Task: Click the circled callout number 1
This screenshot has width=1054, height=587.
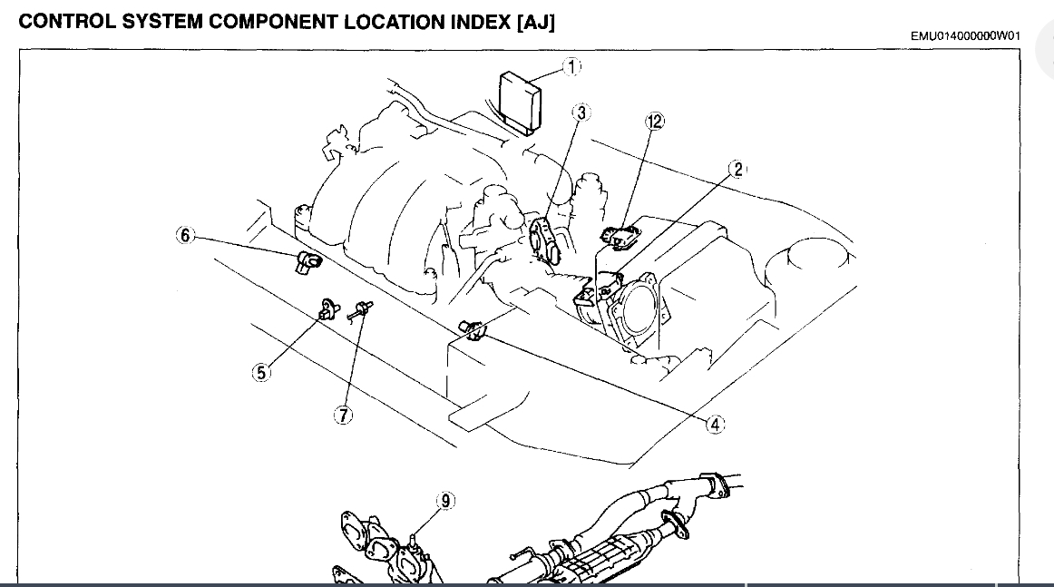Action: click(x=571, y=66)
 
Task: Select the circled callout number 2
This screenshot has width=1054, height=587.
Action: click(x=738, y=169)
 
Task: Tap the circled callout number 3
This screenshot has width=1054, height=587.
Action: click(x=581, y=113)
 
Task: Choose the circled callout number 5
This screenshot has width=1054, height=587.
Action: click(x=261, y=372)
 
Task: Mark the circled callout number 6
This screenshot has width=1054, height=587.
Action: click(x=185, y=236)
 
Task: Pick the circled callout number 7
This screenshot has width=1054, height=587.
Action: click(x=344, y=416)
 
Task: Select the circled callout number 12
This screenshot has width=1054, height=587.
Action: click(x=655, y=121)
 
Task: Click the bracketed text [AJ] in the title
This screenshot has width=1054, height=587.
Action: click(x=534, y=22)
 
